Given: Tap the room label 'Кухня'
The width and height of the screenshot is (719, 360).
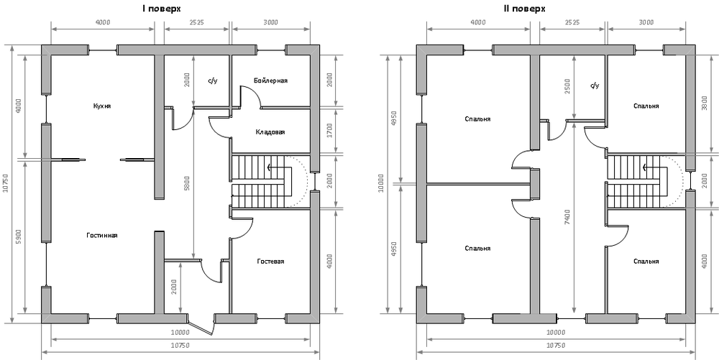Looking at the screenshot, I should coord(102,106).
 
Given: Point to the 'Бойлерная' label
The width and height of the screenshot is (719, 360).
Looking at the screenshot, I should coord(271,80).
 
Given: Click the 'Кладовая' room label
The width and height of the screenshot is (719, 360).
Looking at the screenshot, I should coord(270,132).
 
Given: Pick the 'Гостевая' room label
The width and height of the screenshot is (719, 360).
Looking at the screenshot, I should coord(270,262).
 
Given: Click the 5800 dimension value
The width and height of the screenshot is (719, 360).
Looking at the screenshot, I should coord(187,183).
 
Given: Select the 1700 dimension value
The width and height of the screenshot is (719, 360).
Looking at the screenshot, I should coord(329,130).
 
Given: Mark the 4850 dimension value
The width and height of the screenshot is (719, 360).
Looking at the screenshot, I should coord(393,118).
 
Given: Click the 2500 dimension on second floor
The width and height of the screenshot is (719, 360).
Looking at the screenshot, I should coord(567,86).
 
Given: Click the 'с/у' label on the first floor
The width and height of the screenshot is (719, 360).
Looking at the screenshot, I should coord(213,80).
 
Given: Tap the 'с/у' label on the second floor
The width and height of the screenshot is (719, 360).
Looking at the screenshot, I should coord(595,86).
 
